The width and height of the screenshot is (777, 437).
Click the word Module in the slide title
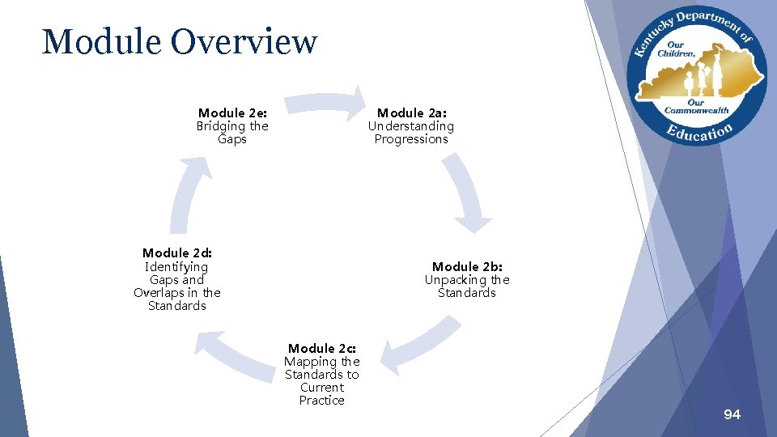click(x=95, y=42)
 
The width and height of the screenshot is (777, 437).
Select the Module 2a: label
click(x=411, y=113)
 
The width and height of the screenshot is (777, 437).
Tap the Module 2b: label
click(x=467, y=267)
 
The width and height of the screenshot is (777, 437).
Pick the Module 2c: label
click(x=321, y=349)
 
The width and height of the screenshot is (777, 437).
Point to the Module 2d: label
click(x=176, y=253)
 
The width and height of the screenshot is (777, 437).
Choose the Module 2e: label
click(x=232, y=113)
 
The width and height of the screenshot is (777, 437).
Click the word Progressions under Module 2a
click(x=411, y=139)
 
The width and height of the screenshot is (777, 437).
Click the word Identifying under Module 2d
click(x=176, y=267)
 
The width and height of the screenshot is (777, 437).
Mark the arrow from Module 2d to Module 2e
click(x=185, y=195)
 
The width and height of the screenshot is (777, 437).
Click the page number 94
click(x=732, y=414)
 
